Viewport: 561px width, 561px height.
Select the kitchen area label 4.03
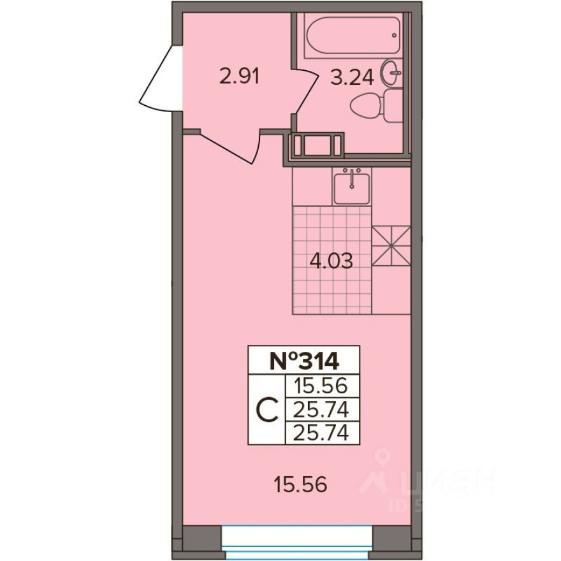pos(331,261)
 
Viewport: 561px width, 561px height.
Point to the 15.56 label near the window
pos(300,485)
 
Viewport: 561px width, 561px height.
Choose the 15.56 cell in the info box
pos(321,386)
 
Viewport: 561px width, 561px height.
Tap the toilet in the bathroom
pos(376,106)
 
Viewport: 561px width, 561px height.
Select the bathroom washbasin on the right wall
pos(391,73)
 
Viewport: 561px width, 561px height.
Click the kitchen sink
pos(351,186)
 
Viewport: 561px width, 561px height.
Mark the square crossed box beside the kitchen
pos(390,247)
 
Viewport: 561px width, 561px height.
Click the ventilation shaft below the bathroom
pos(317,145)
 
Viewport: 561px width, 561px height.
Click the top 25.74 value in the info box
pos(321,409)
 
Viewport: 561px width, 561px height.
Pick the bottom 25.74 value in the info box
pos(321,433)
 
